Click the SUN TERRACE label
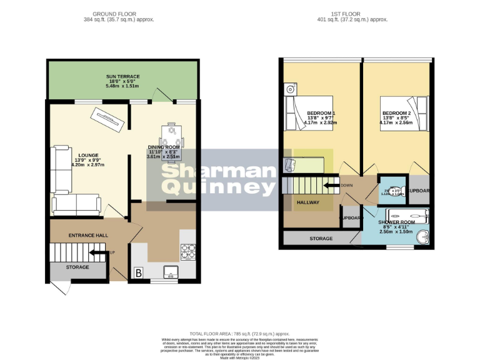(122, 77)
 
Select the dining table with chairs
(171, 142)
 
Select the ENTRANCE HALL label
(88, 236)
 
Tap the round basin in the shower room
(424, 237)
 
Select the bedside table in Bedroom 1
(290, 89)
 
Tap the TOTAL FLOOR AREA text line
(239, 334)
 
